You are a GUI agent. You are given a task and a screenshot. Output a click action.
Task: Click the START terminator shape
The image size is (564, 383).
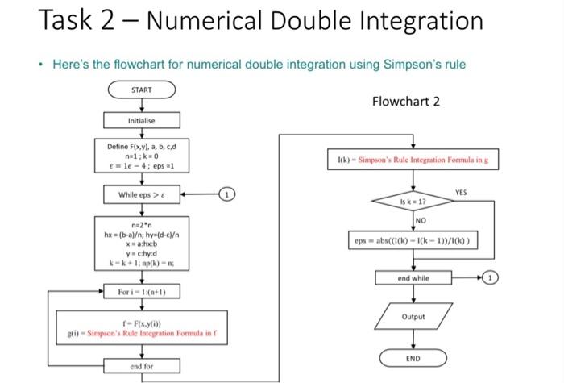[x=141, y=90]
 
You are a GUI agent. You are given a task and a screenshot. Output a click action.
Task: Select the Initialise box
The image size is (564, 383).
[x=141, y=120]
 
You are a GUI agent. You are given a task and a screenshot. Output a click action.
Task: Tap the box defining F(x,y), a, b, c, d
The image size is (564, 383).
[x=141, y=157]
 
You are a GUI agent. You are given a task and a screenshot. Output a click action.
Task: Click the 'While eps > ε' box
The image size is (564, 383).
[x=141, y=194]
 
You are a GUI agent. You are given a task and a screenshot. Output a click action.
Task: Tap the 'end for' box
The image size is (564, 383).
[x=141, y=366]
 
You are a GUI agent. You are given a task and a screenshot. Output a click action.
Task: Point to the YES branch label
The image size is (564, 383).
[x=460, y=193]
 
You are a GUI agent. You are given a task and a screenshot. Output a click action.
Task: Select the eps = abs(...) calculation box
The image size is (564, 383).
[x=413, y=240]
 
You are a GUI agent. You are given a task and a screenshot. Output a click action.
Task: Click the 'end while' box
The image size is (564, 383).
[x=413, y=278]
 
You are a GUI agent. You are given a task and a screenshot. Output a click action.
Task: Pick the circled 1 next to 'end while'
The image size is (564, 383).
[x=491, y=278]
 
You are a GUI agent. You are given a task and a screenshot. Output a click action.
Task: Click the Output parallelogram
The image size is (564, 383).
[x=413, y=317]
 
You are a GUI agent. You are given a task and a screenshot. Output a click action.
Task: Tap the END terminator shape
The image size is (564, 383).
[x=413, y=357]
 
